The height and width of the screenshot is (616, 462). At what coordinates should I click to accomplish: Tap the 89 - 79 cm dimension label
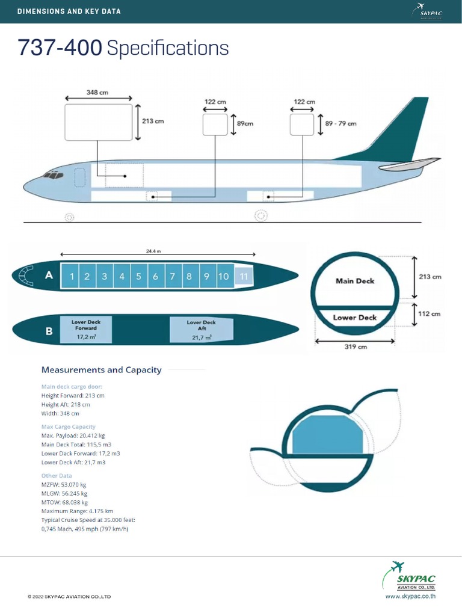[340, 123]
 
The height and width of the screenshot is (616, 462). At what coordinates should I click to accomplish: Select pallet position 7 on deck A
[173, 277]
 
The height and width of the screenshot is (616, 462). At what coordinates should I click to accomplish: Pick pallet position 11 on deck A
[244, 277]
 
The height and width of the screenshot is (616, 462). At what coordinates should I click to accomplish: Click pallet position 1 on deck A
[72, 277]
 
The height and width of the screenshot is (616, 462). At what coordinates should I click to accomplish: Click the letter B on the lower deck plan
[49, 330]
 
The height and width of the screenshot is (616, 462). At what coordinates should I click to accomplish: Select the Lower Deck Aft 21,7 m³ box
[202, 330]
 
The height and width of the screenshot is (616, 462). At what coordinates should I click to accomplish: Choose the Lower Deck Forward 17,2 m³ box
[86, 330]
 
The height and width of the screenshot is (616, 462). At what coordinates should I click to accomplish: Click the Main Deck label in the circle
[355, 281]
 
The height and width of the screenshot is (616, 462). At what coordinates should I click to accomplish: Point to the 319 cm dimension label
[355, 347]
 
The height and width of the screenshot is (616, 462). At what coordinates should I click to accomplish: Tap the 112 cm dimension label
[430, 314]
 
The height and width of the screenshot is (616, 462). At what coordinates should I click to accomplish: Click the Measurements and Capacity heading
[101, 370]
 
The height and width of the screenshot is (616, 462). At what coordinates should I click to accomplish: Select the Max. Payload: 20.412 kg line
[73, 435]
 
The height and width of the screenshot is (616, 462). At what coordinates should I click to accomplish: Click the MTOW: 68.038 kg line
[64, 502]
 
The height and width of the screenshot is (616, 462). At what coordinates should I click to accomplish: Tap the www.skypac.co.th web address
[410, 596]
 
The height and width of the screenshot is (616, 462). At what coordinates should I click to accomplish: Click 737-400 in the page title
[60, 48]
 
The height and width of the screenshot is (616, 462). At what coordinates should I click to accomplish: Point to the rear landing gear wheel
[261, 215]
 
